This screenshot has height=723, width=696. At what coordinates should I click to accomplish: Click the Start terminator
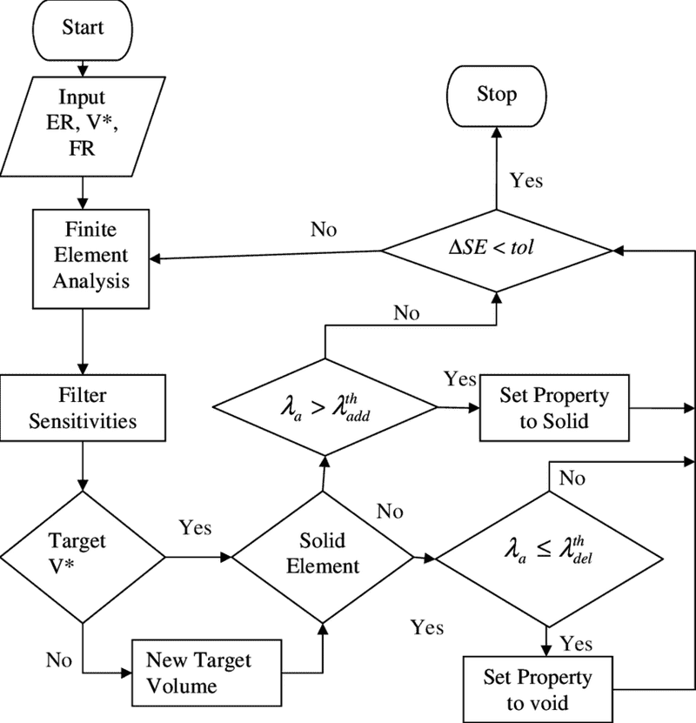tap(82, 29)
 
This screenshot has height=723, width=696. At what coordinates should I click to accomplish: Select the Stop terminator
tap(496, 95)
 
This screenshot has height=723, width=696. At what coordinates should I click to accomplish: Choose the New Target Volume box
tap(208, 673)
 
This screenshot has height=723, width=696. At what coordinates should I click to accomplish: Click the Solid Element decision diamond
tap(323, 553)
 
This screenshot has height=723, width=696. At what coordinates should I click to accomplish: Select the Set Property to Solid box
tap(554, 408)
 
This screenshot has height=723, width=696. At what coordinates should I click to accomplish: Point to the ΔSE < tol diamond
tap(497, 249)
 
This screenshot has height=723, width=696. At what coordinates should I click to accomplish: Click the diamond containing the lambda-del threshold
tap(547, 553)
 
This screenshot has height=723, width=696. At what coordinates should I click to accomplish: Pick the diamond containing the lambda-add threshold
tap(324, 407)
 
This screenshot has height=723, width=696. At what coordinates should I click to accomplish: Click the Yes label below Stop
tap(526, 180)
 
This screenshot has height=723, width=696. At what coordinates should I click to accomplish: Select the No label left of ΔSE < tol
tap(324, 230)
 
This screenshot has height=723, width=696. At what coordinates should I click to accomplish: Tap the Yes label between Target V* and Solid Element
tap(195, 527)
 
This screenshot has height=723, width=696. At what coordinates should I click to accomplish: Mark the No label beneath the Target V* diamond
tap(59, 659)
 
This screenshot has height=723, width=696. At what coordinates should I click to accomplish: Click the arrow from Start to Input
tap(82, 66)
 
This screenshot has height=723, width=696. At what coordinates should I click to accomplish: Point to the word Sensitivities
tap(83, 421)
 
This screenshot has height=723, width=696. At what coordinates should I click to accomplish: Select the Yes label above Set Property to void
tap(576, 643)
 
